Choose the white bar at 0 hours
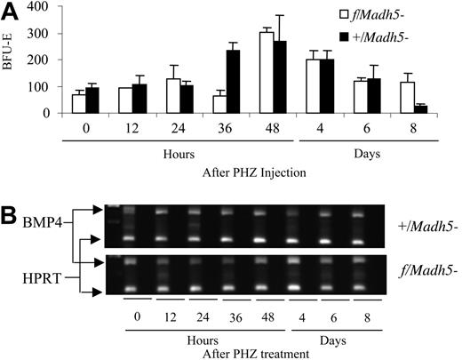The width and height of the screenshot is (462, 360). [x=78, y=104]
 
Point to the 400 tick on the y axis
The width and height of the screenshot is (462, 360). [x=50, y=7]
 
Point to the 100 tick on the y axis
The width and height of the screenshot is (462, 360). [x=50, y=87]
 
